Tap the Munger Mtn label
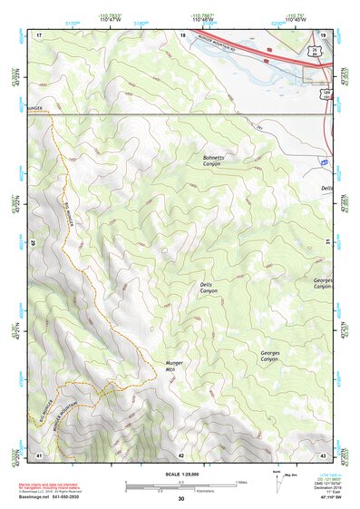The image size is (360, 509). [175, 367]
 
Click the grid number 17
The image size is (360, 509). [39, 34]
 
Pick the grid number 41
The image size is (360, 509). [39, 454]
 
